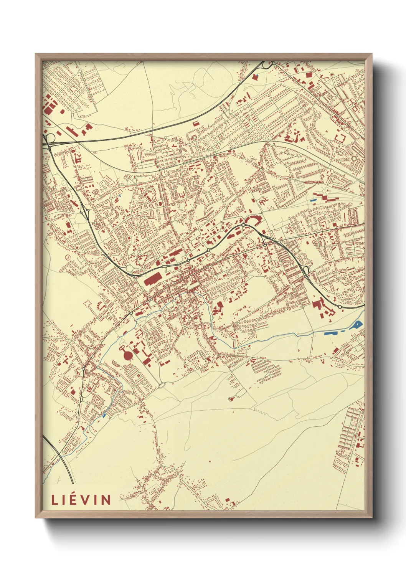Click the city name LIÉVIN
pos(81,500)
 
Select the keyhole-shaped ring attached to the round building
pos(122,348)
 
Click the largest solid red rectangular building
pos(153,279)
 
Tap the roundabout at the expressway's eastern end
pos(340,307)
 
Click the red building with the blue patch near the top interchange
pos(255,76)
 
